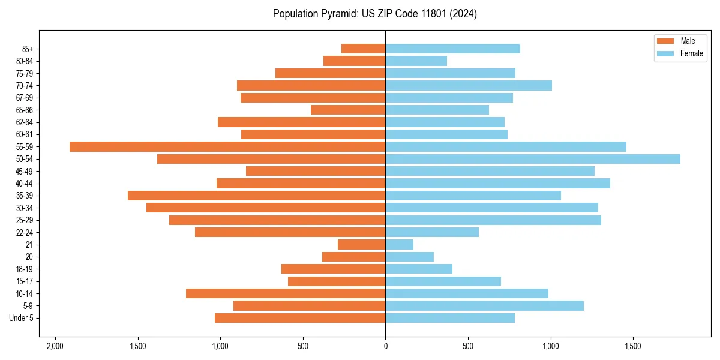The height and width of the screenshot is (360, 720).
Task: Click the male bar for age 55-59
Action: tap(227, 147)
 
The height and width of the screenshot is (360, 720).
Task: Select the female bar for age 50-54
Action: tap(533, 159)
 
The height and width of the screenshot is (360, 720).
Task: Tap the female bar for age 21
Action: tap(400, 245)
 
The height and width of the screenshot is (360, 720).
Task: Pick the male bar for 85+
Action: tap(364, 49)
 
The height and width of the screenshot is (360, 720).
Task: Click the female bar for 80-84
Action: tap(416, 61)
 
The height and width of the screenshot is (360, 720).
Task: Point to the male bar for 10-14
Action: tap(286, 293)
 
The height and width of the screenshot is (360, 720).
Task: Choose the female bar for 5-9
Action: tap(485, 306)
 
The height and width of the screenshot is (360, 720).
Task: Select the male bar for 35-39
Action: tap(257, 196)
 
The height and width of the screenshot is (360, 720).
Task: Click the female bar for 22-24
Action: tap(432, 232)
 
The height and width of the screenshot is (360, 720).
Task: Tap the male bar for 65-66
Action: tap(348, 110)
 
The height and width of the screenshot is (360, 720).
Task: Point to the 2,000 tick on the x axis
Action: tap(55, 346)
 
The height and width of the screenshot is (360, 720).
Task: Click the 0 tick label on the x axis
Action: tap(385, 346)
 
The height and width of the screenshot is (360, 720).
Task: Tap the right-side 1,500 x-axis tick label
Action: tap(633, 346)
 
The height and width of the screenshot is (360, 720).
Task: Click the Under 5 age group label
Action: tap(21, 318)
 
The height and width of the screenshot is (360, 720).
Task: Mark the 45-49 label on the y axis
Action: tap(25, 171)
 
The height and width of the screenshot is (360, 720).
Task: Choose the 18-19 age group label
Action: tap(25, 269)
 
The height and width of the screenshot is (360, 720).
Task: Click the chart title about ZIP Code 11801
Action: tap(375, 14)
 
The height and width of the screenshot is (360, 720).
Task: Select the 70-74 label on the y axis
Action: tap(25, 86)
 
